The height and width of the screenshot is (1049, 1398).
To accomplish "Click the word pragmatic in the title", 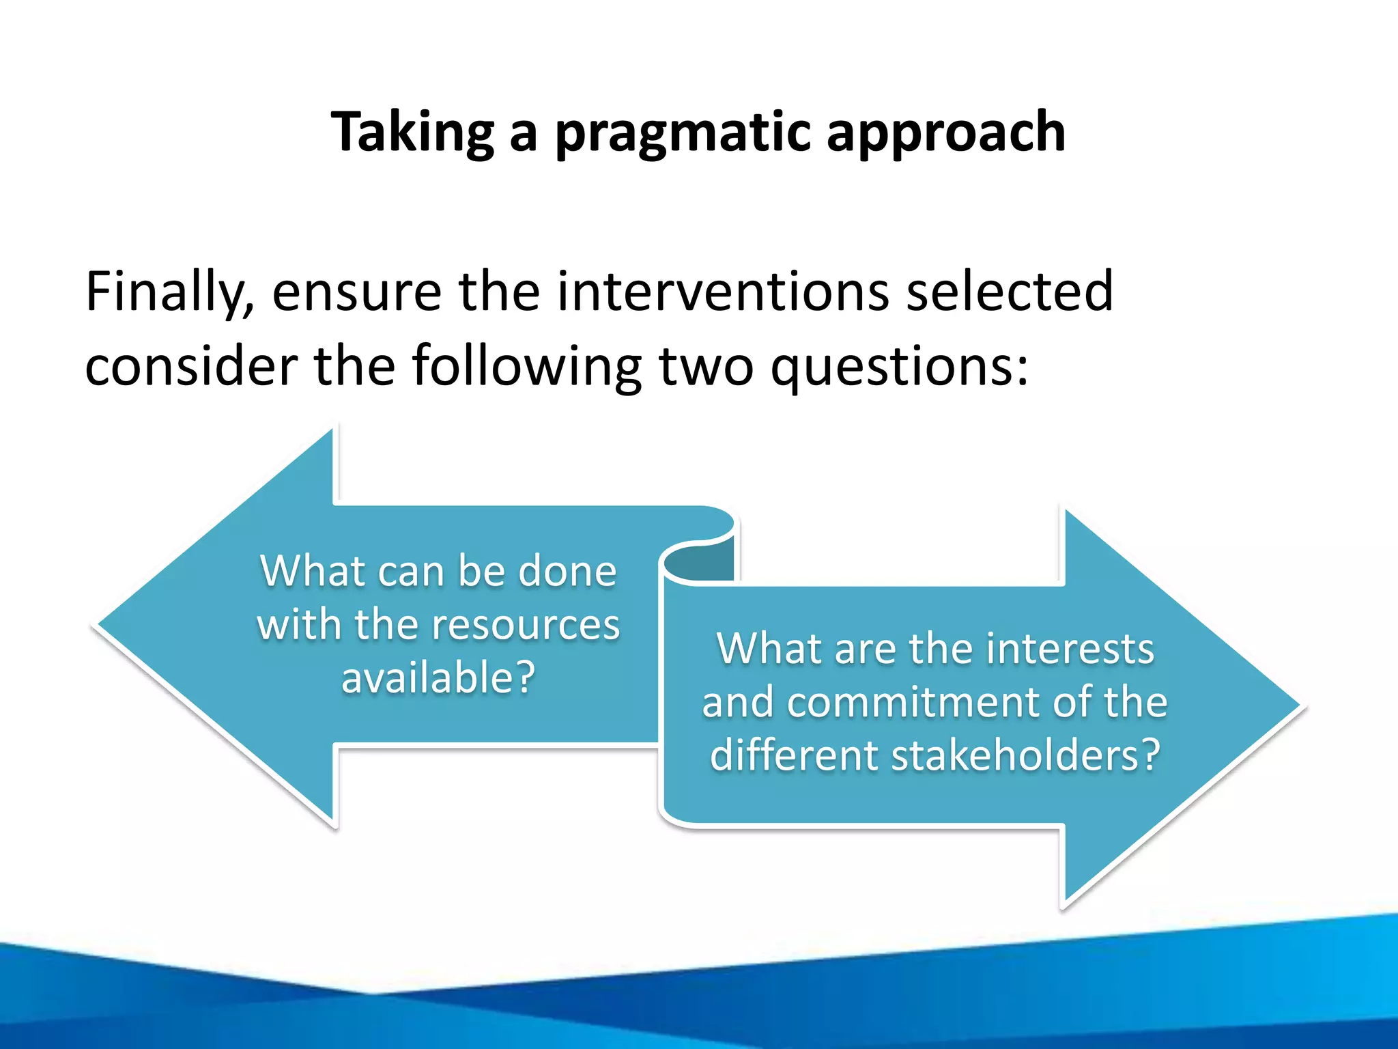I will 683,133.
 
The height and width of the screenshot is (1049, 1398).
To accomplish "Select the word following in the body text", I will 526,367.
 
